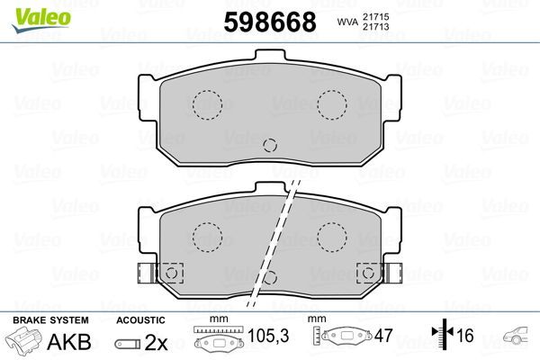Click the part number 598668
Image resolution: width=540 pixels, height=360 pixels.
(262, 21)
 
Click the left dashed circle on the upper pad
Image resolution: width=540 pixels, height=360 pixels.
(208, 104)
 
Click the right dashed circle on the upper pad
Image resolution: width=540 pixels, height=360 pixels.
(332, 104)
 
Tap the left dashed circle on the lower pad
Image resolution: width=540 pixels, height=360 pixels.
(208, 236)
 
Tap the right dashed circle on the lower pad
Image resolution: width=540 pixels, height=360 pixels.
(332, 236)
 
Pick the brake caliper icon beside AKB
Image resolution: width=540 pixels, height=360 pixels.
(24, 342)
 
